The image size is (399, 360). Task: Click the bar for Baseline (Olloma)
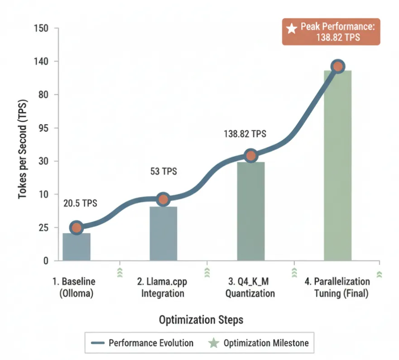click(x=77, y=247)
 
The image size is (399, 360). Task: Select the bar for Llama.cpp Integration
click(x=163, y=233)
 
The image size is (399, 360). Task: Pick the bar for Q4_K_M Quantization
click(x=250, y=211)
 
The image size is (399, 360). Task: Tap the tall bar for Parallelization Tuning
click(x=337, y=165)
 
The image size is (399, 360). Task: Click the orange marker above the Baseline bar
click(x=77, y=227)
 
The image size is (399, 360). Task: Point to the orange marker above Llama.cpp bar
click(x=163, y=199)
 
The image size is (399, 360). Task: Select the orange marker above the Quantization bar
click(x=250, y=156)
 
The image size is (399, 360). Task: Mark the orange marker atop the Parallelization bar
click(x=337, y=67)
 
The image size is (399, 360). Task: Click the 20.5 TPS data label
click(x=80, y=203)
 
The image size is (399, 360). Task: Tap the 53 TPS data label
click(x=163, y=172)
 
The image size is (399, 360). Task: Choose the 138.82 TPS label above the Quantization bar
click(x=245, y=134)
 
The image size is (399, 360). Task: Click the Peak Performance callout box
click(x=331, y=32)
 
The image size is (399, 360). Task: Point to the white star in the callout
click(x=292, y=28)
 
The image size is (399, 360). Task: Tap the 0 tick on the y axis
click(x=45, y=261)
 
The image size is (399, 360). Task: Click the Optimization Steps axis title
click(x=201, y=320)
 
